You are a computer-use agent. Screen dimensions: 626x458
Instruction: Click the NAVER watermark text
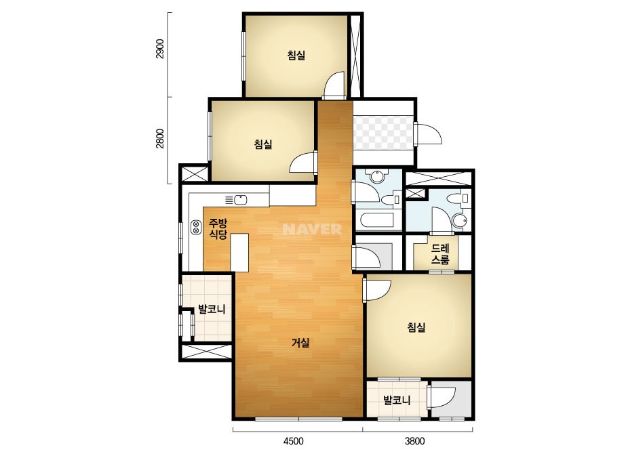[x=312, y=229]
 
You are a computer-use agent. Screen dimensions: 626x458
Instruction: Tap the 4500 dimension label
[x=294, y=441]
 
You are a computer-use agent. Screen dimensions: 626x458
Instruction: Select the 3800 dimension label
[x=415, y=441]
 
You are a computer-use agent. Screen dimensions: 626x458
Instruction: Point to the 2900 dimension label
[x=159, y=49]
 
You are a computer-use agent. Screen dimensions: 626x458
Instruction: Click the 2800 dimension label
[x=159, y=138]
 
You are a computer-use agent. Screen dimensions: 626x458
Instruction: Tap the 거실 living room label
[x=300, y=342]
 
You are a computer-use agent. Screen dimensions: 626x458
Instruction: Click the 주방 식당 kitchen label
[x=218, y=228]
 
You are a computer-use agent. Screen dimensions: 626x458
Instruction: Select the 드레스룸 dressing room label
[x=440, y=254]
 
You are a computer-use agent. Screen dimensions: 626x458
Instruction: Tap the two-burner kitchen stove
[x=196, y=228]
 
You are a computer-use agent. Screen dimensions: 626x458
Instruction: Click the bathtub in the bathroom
[x=378, y=220]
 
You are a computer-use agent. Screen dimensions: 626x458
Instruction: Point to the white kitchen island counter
[x=239, y=253]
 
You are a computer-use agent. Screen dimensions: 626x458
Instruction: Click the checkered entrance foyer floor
[x=383, y=133]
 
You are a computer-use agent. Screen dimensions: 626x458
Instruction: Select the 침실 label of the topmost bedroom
[x=296, y=54]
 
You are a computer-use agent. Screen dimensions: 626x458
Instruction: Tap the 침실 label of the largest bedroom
[x=416, y=327]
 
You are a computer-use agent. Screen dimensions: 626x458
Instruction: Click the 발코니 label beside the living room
[x=212, y=309]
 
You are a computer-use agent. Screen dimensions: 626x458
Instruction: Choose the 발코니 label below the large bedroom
[x=397, y=400]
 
